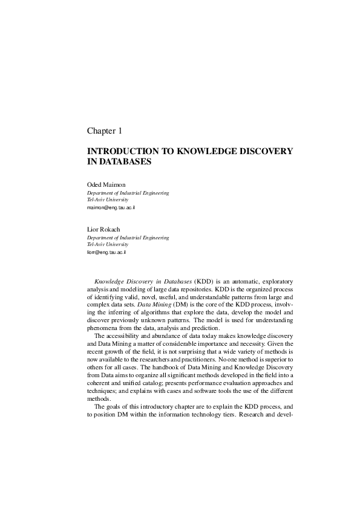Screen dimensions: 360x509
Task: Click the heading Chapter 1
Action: tap(105, 131)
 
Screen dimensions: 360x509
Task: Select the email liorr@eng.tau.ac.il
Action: tap(106, 252)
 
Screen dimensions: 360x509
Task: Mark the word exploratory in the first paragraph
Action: tap(276, 282)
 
